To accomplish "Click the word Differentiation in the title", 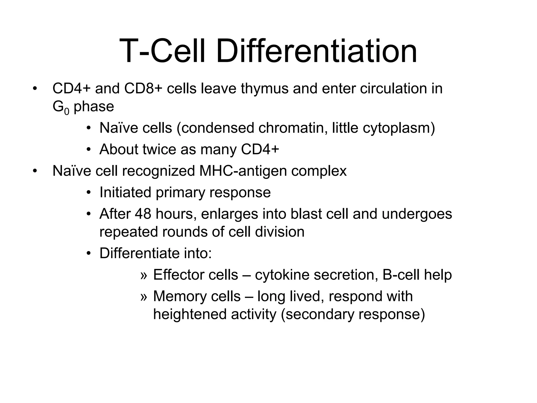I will coord(316,51).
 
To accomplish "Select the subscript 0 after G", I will coord(67,111).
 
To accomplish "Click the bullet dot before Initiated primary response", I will coord(89,193).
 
